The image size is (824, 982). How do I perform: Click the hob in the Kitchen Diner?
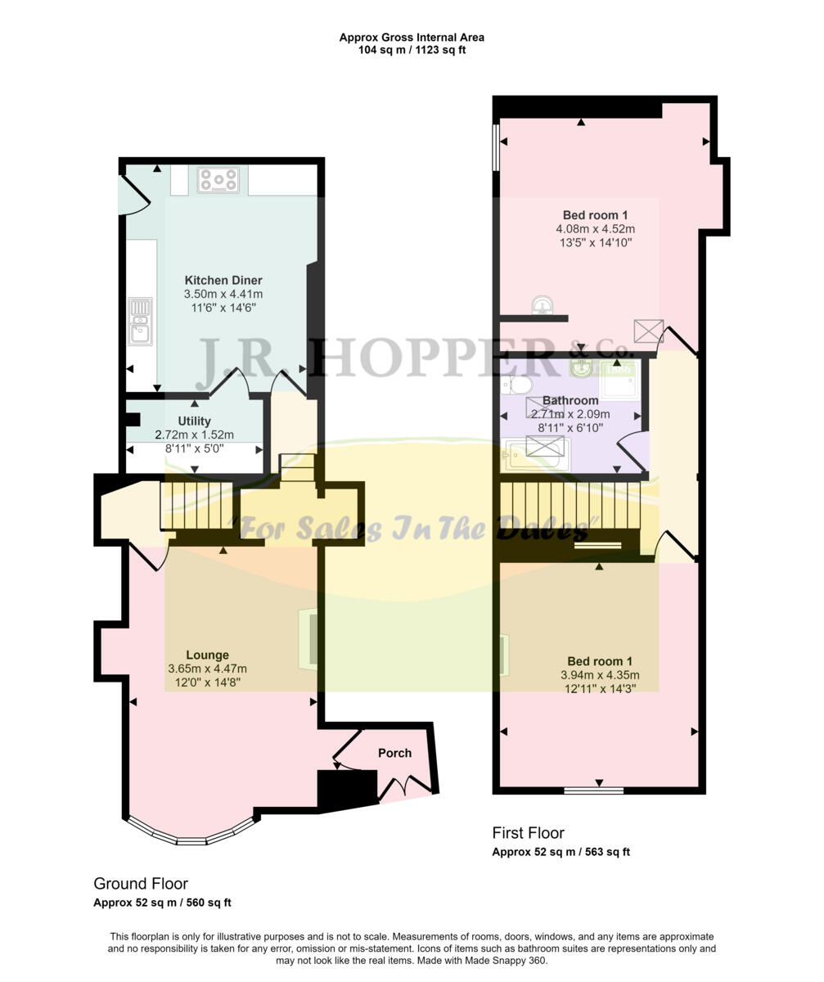point(218,180)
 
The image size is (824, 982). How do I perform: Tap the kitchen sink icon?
point(140,320)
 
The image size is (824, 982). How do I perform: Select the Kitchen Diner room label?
point(223,281)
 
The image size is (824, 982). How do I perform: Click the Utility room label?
point(195,421)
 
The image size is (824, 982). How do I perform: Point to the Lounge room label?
point(207,655)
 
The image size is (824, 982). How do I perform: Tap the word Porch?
point(394,753)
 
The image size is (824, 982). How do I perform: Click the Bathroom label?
point(570,401)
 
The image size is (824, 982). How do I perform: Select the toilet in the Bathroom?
point(518,385)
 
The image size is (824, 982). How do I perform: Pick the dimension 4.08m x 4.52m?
point(596,229)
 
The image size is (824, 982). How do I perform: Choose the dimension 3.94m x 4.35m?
point(600,675)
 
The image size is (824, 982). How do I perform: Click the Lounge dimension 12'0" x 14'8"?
point(208,682)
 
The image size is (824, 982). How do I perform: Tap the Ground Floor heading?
point(141,884)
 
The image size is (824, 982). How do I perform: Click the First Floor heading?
point(528,833)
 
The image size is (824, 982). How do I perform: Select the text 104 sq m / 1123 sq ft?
point(412,50)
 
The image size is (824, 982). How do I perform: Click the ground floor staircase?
point(196,506)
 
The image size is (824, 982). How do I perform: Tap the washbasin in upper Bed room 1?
point(543,307)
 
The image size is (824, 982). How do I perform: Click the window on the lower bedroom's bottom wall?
point(594,791)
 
